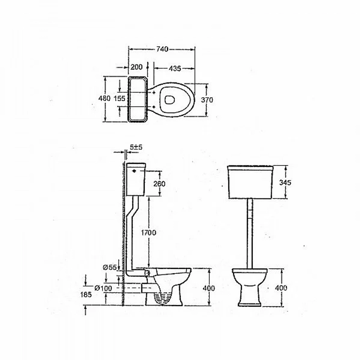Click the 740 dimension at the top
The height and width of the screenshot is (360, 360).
click(162, 49)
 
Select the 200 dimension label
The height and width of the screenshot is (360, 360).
click(136, 67)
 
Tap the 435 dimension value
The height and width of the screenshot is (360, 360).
click(175, 68)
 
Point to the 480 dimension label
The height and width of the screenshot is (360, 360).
click(104, 98)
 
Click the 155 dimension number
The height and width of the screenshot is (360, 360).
click(120, 99)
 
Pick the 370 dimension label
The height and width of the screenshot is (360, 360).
click(207, 100)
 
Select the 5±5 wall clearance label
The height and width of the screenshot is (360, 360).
click(136, 147)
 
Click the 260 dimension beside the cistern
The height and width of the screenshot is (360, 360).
click(159, 184)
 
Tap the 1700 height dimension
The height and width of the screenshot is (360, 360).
click(149, 233)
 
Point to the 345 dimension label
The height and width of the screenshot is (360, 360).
click(285, 183)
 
